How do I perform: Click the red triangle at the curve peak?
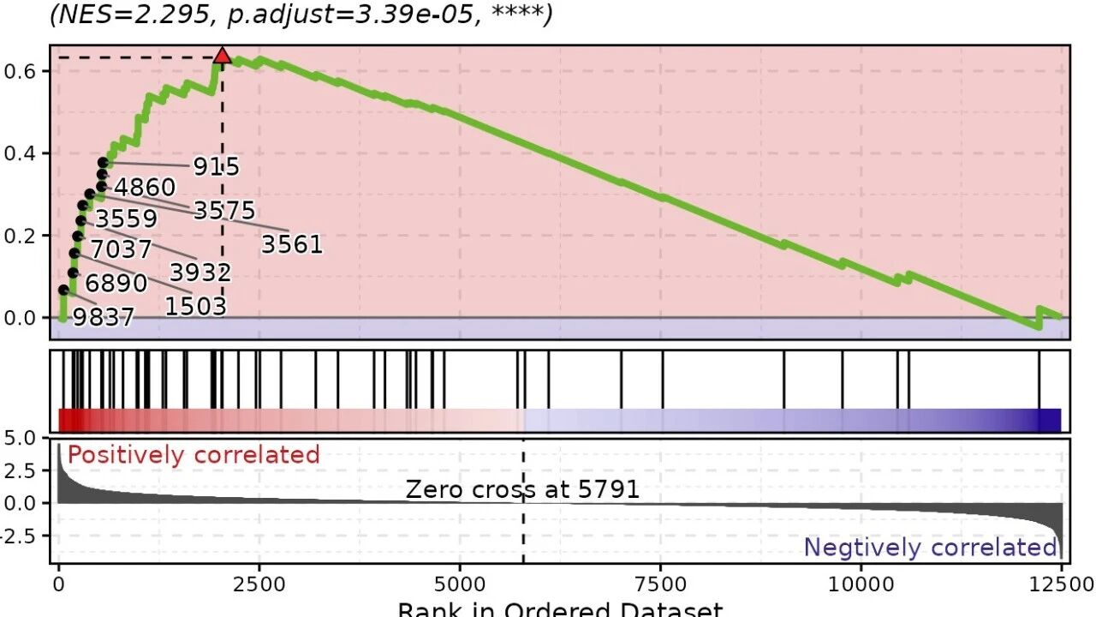[x=223, y=57]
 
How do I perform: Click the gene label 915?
[x=216, y=166]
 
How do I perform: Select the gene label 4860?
[x=144, y=188]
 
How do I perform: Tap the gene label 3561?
[x=292, y=245]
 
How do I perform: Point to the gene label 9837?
[x=104, y=318]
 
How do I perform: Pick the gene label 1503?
[x=195, y=306]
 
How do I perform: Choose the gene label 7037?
[x=121, y=249]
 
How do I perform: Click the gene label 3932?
[x=200, y=273]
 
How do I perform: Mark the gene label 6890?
[x=116, y=283]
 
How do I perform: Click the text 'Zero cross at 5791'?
[x=522, y=489]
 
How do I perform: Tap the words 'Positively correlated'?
[x=194, y=454]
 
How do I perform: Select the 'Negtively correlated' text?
[x=930, y=548]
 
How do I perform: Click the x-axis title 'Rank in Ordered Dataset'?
[x=560, y=609]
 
